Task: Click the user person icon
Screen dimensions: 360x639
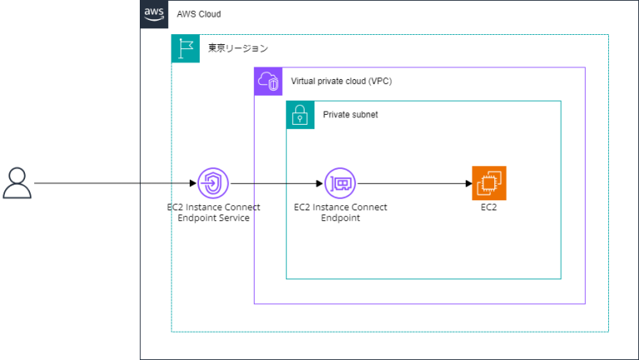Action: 17,183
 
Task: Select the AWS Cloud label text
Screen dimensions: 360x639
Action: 199,15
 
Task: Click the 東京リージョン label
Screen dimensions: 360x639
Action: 238,49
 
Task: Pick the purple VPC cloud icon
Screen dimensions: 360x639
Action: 269,81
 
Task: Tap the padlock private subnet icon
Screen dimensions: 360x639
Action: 300,115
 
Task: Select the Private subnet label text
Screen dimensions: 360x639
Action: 350,115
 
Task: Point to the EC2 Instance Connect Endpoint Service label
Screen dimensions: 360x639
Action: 214,212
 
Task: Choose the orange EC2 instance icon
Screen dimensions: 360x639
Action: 488,183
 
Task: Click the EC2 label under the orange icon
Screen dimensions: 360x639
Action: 489,207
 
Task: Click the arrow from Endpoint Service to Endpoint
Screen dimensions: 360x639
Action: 275,183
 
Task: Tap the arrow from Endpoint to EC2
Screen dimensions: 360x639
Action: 412,183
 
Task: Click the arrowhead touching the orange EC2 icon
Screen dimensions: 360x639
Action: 467,183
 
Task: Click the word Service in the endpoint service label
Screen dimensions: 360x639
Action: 233,218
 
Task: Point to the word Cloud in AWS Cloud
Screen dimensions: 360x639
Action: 209,15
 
